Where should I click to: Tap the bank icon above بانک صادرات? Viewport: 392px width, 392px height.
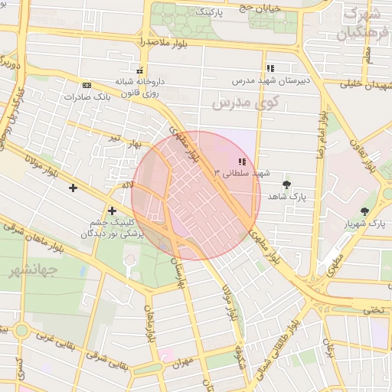point(87,85)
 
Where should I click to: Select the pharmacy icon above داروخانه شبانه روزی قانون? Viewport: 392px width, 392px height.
point(139,70)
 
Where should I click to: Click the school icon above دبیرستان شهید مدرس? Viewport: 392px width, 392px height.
point(270,68)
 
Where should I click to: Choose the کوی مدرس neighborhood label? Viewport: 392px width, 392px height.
point(245,102)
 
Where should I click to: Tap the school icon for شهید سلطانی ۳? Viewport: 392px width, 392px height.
point(242,162)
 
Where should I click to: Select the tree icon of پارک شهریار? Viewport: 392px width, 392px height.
point(364,212)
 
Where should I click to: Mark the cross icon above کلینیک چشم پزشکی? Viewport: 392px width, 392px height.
point(112,211)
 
